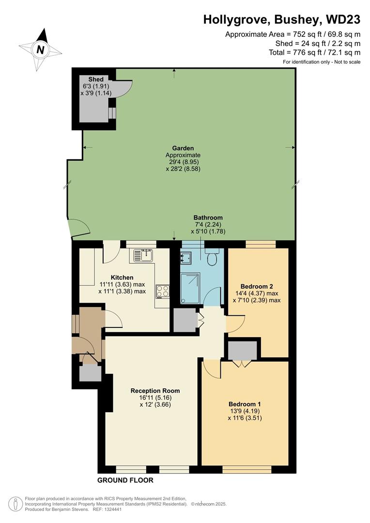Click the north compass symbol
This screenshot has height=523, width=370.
click(41, 49)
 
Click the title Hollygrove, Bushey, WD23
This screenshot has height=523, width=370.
click(281, 19)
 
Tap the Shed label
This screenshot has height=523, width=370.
click(95, 79)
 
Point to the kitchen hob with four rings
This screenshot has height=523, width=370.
click(162, 291)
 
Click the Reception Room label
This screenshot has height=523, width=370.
click(155, 390)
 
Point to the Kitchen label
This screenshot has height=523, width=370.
click(122, 277)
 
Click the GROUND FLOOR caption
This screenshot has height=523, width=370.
click(125, 480)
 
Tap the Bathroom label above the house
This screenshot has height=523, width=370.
click(208, 217)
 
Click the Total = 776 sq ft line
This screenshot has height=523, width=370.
click(315, 52)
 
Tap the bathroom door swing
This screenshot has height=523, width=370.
click(212, 296)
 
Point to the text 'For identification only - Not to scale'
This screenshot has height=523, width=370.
click(322, 62)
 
